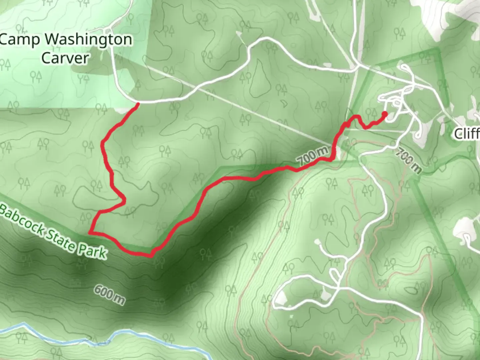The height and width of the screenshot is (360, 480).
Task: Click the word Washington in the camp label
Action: pyautogui.click(x=88, y=40)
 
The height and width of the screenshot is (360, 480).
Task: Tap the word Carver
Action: pyautogui.click(x=65, y=58)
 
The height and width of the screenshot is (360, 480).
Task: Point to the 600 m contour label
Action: pyautogui.click(x=109, y=294)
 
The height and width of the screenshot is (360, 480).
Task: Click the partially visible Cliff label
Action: pyautogui.click(x=467, y=134)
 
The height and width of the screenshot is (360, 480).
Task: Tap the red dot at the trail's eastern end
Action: pyautogui.click(x=384, y=114)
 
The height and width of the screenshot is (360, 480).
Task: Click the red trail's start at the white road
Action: pyautogui.click(x=138, y=104)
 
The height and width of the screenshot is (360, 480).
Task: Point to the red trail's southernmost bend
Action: pyautogui.click(x=151, y=256)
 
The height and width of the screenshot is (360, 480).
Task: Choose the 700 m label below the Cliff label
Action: pyautogui.click(x=409, y=161)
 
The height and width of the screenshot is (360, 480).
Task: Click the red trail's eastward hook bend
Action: pyautogui.click(x=124, y=201)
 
